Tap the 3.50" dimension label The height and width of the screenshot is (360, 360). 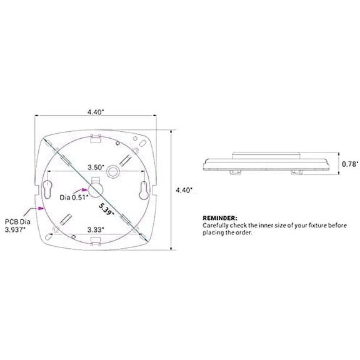[95, 167]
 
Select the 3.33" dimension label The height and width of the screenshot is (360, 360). [95, 229]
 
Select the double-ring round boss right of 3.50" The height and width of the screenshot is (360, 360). [115, 170]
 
